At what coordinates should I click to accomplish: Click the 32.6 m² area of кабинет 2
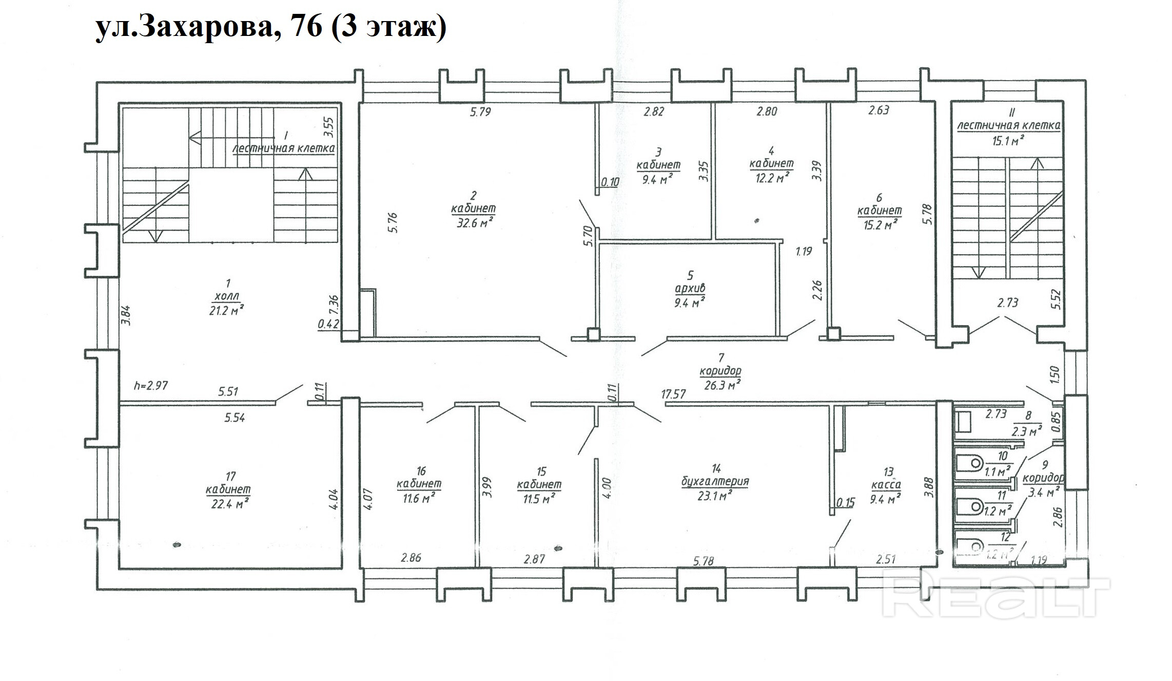pyautogui.click(x=475, y=222)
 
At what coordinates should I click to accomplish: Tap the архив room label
pyautogui.click(x=690, y=289)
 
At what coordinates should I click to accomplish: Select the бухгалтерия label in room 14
pyautogui.click(x=715, y=482)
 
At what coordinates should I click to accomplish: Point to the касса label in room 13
pyautogui.click(x=886, y=485)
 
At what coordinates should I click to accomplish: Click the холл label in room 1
pyautogui.click(x=226, y=296)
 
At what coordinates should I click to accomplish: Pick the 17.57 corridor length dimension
pyautogui.click(x=673, y=394)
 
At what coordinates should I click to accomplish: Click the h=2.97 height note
pyautogui.click(x=151, y=385)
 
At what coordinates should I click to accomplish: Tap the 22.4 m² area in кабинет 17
pyautogui.click(x=230, y=504)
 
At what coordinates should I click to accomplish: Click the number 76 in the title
pyautogui.click(x=306, y=26)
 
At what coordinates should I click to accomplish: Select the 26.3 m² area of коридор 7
pyautogui.click(x=721, y=384)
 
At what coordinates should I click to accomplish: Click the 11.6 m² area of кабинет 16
pyautogui.click(x=419, y=497)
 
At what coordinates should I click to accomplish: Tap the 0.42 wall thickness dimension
pyautogui.click(x=328, y=324)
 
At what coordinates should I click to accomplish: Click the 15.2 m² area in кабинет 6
pyautogui.click(x=881, y=224)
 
